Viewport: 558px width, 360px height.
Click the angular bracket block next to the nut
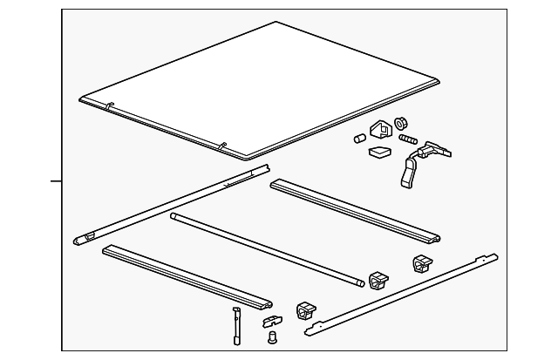382,130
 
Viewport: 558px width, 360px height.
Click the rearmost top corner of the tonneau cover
276,23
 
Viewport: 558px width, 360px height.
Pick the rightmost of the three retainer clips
420,263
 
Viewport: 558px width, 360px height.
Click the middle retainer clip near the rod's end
378,281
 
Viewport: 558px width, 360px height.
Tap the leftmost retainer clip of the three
307,310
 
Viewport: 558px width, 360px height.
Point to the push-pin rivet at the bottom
270,336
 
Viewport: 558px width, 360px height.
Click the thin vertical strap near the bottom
235,325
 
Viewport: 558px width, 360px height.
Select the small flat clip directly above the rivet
273,321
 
